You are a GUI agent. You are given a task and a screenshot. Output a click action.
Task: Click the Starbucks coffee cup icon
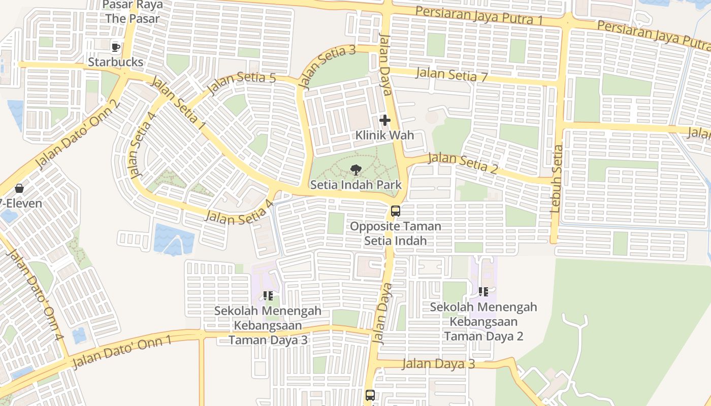coord(116,47)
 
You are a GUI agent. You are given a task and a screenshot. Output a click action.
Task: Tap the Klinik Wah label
coord(384,136)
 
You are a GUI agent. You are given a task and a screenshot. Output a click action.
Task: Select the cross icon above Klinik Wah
coord(385,120)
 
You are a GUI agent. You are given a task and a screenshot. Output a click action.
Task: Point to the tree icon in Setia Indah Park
coord(355,170)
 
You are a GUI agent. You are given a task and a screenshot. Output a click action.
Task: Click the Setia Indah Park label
coord(355,185)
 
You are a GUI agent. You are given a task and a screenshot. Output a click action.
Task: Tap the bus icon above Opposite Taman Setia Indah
coord(395,211)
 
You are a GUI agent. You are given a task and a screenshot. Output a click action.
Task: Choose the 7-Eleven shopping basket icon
coord(19,189)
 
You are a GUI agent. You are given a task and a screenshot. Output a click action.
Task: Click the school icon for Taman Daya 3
coord(268,295)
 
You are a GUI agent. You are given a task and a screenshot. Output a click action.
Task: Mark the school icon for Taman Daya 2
coord(483,292)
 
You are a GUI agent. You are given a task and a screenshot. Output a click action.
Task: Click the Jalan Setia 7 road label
coord(451,75)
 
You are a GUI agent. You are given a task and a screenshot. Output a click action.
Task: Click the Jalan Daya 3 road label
coord(439,364)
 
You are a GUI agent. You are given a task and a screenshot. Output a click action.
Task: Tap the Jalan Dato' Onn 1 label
coord(122,352)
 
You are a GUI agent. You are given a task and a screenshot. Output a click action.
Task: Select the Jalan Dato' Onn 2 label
coord(77,134)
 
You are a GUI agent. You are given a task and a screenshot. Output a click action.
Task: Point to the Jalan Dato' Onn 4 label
coord(36,295)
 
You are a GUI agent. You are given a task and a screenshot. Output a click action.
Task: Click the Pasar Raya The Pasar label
coord(133,12)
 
